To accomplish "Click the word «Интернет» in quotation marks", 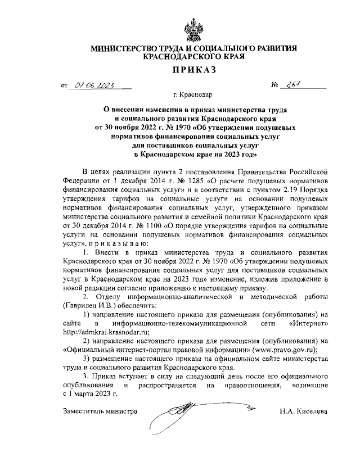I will (x=308, y=323).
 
